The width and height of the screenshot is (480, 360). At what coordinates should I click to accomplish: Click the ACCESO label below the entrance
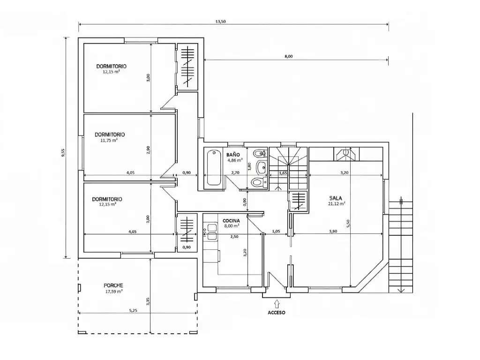point(277,313)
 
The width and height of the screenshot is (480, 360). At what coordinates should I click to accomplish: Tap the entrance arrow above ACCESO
point(277,304)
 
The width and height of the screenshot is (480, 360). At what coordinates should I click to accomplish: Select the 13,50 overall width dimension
point(220,22)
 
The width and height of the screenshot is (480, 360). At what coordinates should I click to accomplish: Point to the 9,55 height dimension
point(63,153)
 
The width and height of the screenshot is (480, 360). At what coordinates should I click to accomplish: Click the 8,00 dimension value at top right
point(289,56)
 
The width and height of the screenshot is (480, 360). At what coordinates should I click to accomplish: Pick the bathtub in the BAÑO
point(214,167)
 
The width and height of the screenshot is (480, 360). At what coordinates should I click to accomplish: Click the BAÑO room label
point(233,155)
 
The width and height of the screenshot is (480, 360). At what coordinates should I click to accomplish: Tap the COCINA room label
point(231,221)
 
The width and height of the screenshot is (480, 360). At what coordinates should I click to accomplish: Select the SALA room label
point(336,198)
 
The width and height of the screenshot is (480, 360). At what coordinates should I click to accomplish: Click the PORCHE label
point(113,285)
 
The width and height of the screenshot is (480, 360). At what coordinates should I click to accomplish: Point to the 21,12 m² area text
point(337,203)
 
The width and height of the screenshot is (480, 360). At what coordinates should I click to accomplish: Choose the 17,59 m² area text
point(114,292)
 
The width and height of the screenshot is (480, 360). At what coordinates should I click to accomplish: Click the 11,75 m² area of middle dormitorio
point(109,141)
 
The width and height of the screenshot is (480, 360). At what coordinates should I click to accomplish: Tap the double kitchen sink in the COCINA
point(212,232)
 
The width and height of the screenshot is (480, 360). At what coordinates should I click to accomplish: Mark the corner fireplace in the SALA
point(346,154)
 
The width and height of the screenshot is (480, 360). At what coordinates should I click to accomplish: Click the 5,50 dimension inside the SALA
point(348,224)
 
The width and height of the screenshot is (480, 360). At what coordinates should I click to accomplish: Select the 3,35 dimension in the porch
point(148,301)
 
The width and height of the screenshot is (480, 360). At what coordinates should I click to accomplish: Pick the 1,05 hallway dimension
point(276,232)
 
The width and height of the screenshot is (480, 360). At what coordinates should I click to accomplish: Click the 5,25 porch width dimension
point(133,310)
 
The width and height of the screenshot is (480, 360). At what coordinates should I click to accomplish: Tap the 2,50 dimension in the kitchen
point(234,237)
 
